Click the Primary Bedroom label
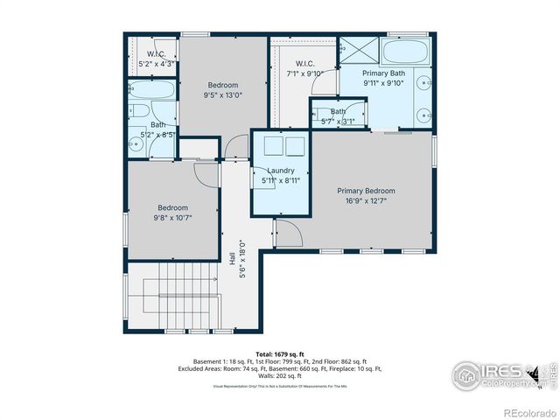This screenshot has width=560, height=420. [x=366, y=191]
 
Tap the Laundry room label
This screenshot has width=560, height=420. [x=280, y=171]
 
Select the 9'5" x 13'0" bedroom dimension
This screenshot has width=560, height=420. [x=222, y=95]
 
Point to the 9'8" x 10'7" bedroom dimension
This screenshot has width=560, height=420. [x=172, y=219]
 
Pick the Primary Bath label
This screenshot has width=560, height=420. [x=383, y=73]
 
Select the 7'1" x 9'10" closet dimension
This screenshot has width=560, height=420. [x=304, y=74]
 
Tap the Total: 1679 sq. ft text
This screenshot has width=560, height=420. [x=279, y=353]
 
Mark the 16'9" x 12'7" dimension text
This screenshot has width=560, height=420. [x=366, y=201]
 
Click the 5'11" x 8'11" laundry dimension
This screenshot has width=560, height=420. [x=280, y=181]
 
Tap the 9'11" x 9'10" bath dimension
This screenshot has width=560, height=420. [x=383, y=85]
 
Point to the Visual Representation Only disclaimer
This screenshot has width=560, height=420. [x=279, y=385]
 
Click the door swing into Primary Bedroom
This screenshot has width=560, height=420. [x=289, y=233]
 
